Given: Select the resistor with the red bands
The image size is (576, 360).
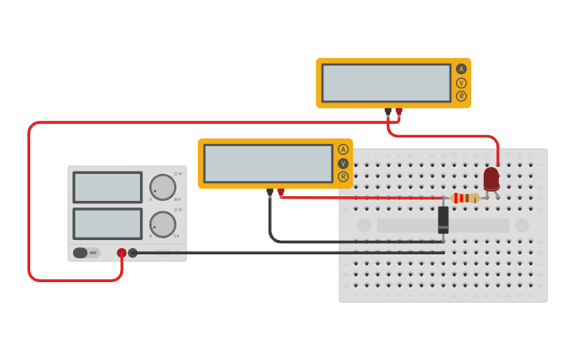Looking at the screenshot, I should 465,198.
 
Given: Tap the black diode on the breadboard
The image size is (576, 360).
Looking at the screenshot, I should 443,219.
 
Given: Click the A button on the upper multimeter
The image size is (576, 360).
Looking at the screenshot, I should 461,69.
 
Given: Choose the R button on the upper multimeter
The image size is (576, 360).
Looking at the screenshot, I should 461,96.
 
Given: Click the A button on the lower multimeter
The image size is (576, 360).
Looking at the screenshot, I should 343,149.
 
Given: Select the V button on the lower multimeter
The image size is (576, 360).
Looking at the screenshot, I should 343,163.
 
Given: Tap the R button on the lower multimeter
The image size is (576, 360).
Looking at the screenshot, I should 343,176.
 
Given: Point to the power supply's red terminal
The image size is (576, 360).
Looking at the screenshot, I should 122,253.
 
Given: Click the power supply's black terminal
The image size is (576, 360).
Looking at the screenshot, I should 133,253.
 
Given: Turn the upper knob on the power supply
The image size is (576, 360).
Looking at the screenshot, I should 163,188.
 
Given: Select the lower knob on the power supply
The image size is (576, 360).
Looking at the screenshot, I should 163,224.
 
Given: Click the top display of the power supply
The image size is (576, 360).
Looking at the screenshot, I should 107,188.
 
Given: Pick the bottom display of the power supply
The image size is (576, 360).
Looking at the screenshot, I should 107,223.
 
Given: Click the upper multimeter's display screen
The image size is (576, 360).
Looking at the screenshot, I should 386,83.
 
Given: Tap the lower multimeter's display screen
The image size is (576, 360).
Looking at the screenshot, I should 268,163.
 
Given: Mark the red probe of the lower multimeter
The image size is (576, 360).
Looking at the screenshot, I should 280,192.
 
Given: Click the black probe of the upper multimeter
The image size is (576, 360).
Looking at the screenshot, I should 388,111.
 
